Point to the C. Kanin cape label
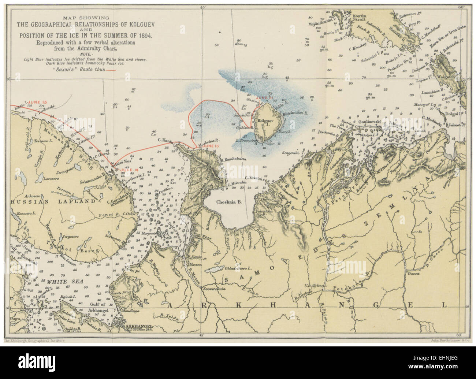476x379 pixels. click(165, 140)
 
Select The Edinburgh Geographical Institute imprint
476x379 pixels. click(34, 340)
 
